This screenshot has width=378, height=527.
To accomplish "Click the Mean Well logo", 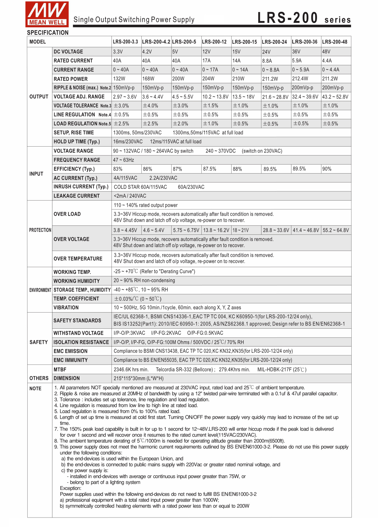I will click(47, 14).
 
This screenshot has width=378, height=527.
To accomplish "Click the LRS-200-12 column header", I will click(214, 42).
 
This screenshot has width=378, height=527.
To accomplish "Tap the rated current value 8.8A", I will click(267, 61).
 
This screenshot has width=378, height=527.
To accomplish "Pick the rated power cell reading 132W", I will click(119, 79).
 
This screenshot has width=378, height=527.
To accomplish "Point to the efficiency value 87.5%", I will click(210, 169).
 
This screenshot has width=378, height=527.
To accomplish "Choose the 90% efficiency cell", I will click(327, 169).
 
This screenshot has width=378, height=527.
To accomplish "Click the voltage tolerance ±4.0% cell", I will click(150, 106).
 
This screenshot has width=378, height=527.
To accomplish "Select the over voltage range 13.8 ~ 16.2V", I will click(216, 230).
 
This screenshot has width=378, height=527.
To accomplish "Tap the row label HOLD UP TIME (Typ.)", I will click(77, 142).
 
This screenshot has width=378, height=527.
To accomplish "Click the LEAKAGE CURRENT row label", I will click(77, 196).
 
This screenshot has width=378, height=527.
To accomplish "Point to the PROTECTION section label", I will click(40, 230).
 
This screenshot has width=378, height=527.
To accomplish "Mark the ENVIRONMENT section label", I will click(40, 290).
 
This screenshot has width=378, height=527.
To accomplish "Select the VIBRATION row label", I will click(66, 308).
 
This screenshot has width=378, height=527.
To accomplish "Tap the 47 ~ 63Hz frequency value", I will click(124, 160).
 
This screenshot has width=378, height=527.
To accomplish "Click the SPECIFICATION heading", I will click(48, 33).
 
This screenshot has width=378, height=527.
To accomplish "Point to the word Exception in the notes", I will click(71, 488).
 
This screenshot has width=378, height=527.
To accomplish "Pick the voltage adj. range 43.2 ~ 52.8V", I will click(335, 97).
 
